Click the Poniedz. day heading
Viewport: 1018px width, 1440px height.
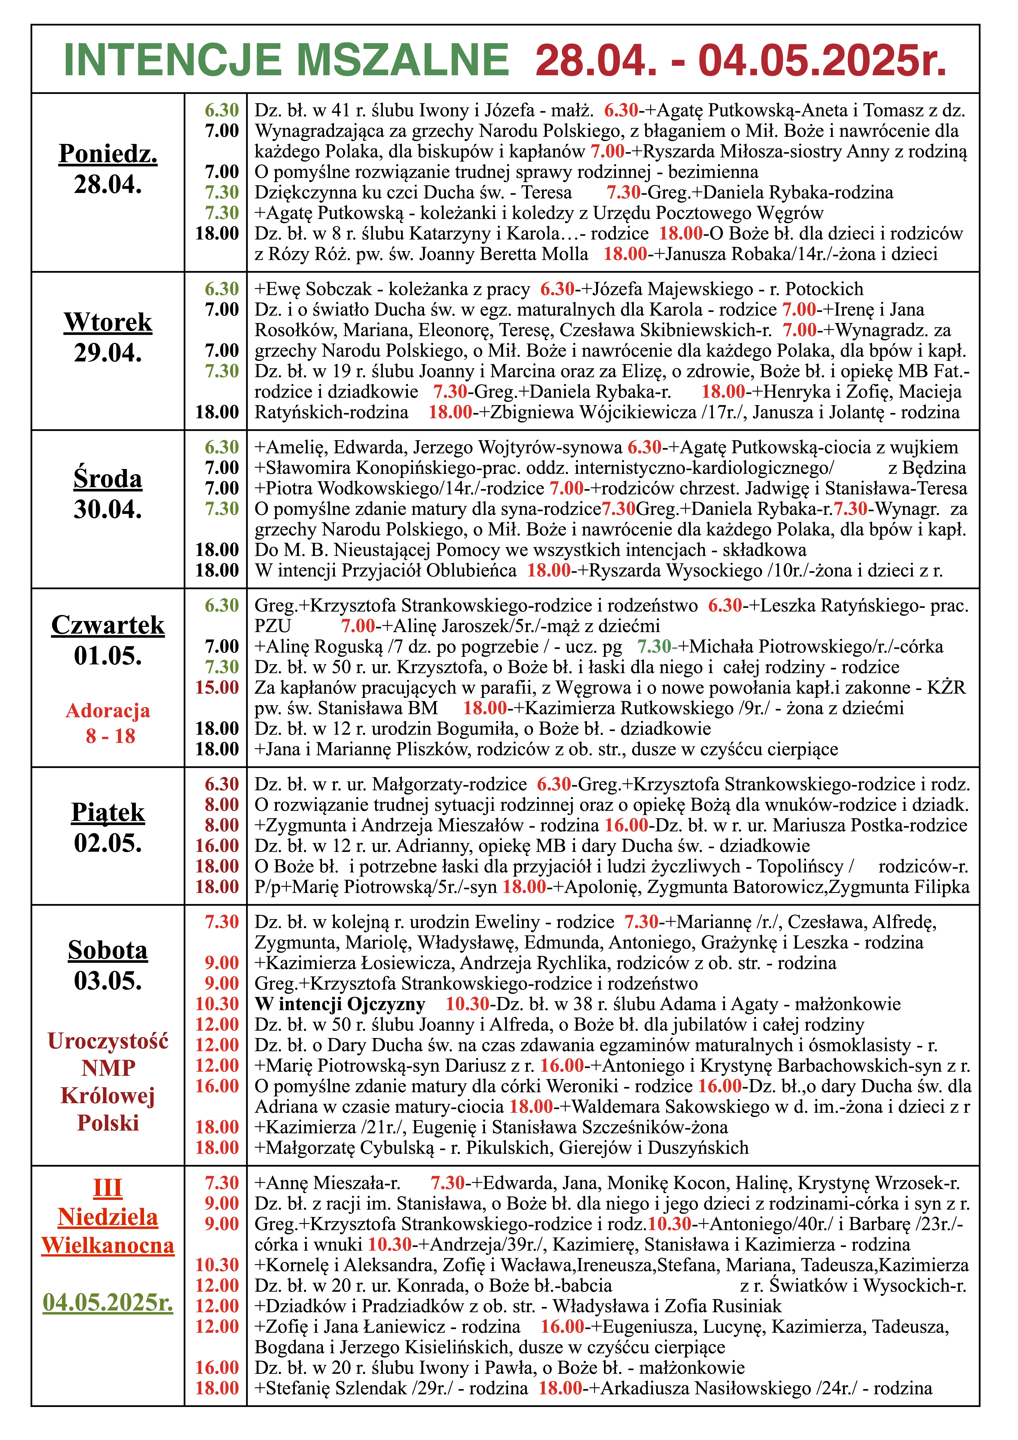tap(108, 154)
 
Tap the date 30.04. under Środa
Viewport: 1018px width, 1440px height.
tap(108, 509)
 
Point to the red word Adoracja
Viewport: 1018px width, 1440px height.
tap(108, 711)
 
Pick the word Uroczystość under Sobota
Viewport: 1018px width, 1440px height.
tap(108, 1041)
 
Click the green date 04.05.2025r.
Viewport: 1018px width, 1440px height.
tap(108, 1303)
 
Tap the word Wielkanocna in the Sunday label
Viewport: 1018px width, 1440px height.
tap(108, 1245)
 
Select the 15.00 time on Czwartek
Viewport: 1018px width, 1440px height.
tap(217, 687)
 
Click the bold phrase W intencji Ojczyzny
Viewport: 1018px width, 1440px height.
tap(340, 1004)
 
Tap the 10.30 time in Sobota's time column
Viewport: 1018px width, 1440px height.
tap(217, 1004)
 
